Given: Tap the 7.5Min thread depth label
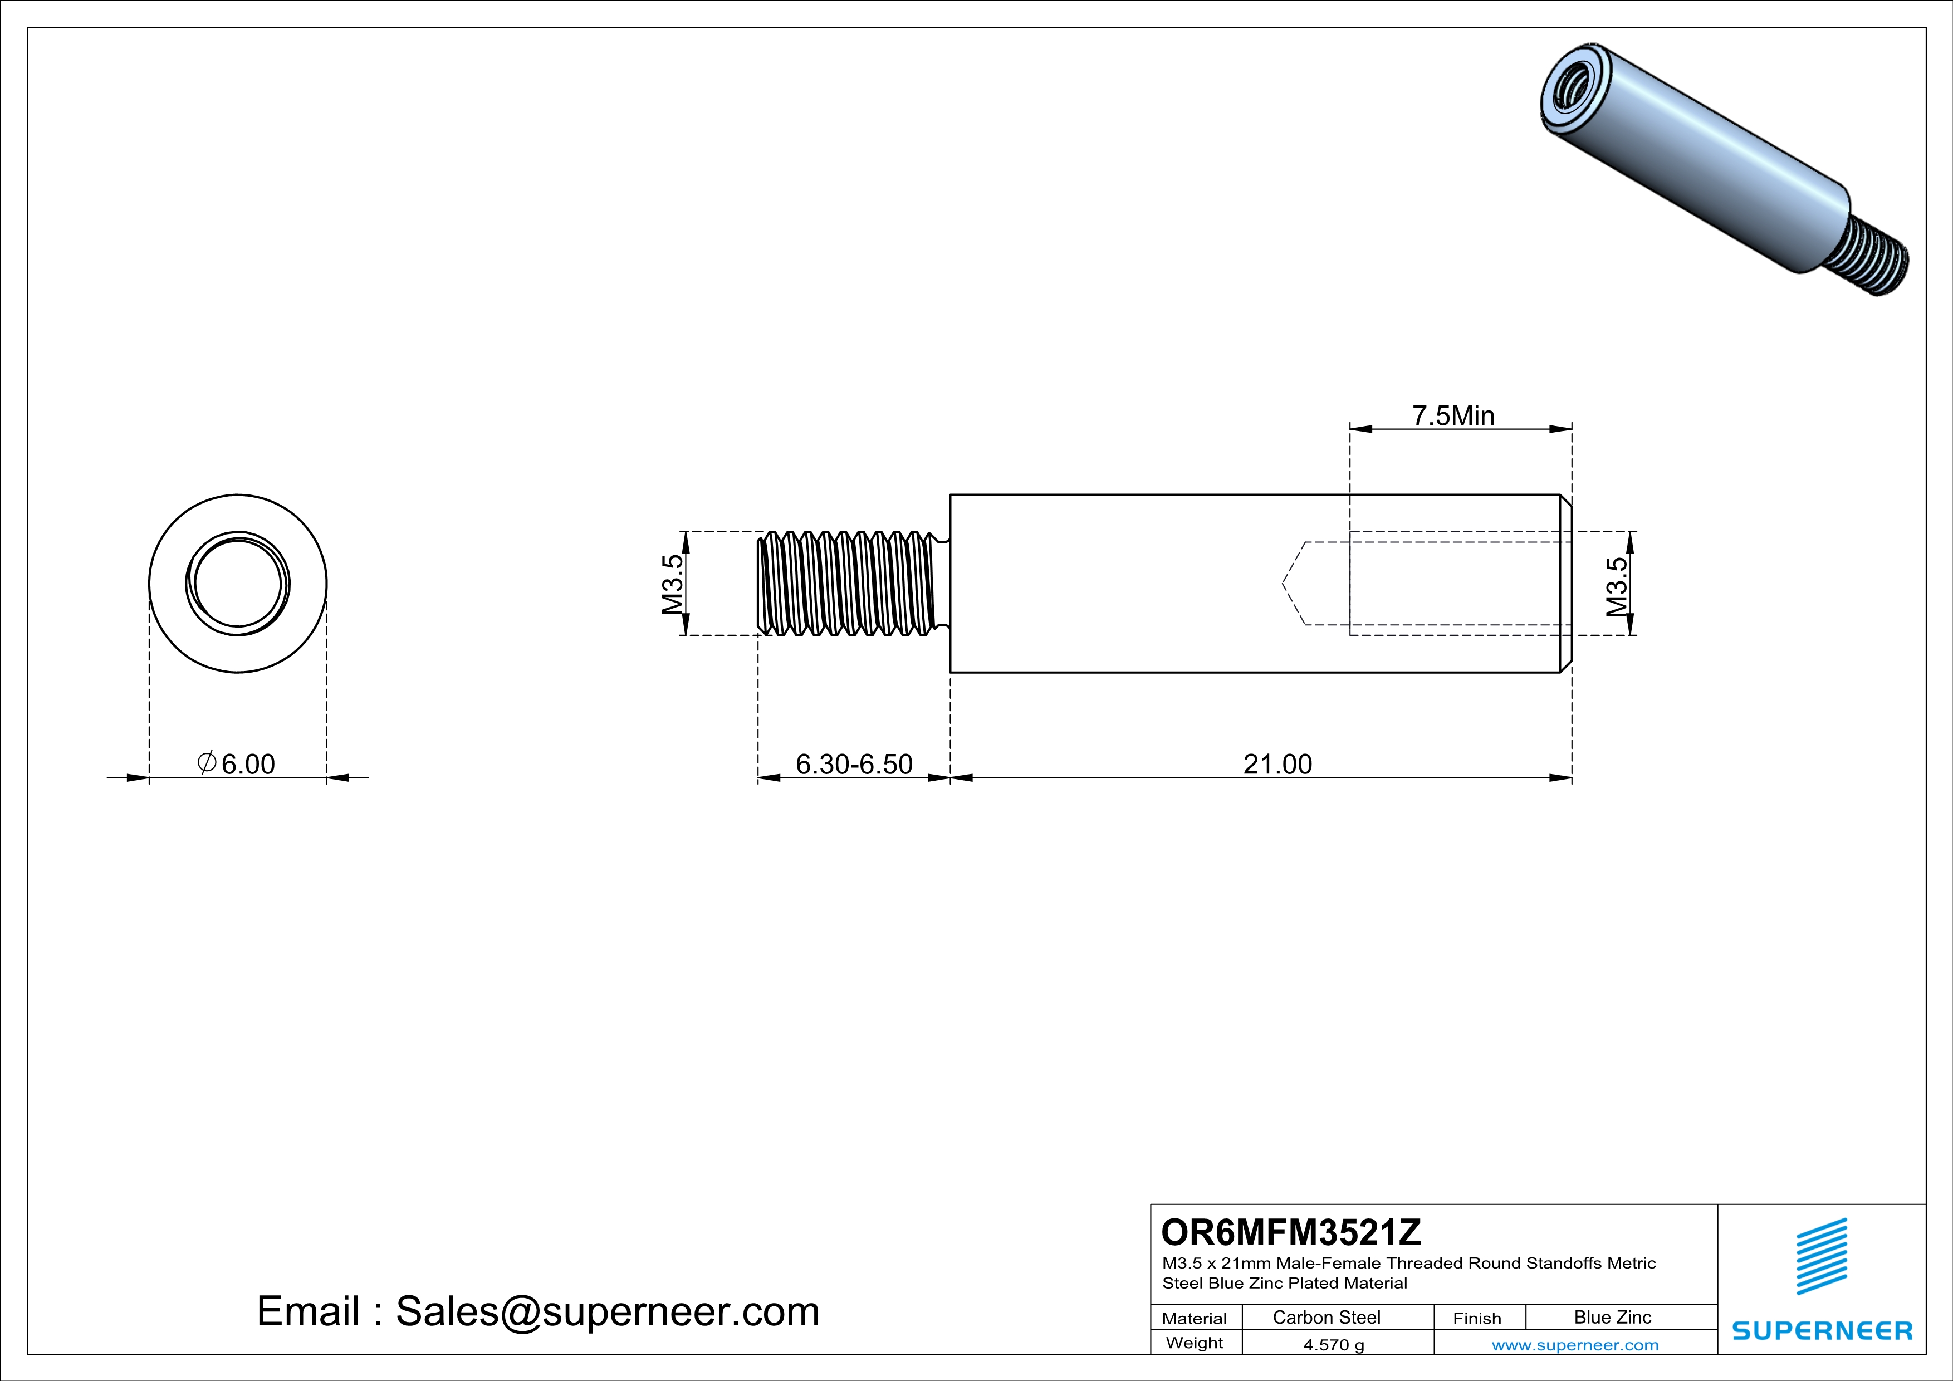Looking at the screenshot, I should point(1453,416).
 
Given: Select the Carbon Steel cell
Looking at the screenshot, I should point(1326,1317).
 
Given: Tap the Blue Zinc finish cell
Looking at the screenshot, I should point(1612,1317).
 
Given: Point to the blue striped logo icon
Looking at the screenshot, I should point(1821,1256).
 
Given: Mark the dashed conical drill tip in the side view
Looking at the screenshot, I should point(1294,584).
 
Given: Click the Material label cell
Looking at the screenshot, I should point(1195,1318).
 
